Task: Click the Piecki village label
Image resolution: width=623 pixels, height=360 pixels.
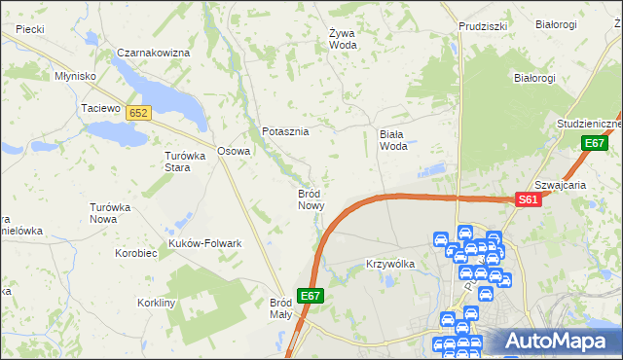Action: [30, 29]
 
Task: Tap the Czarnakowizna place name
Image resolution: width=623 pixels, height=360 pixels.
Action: [152, 52]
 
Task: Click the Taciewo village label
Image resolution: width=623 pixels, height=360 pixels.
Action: [100, 109]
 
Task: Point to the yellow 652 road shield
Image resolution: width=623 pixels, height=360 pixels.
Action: [138, 113]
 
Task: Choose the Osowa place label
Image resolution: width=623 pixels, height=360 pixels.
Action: [234, 151]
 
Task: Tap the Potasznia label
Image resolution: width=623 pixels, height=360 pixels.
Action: [285, 131]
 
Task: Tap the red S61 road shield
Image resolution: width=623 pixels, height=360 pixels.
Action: [528, 199]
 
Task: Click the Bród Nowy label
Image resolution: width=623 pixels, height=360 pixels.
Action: [310, 199]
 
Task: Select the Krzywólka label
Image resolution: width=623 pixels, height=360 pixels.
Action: [390, 264]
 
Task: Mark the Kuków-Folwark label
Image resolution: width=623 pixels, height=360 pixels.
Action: [204, 243]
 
